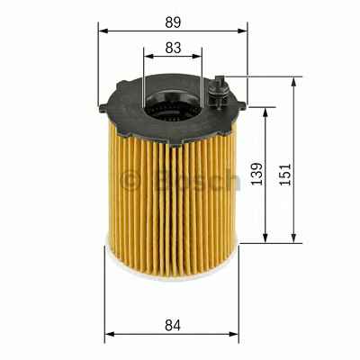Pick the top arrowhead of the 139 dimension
265,112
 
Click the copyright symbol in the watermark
131,180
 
